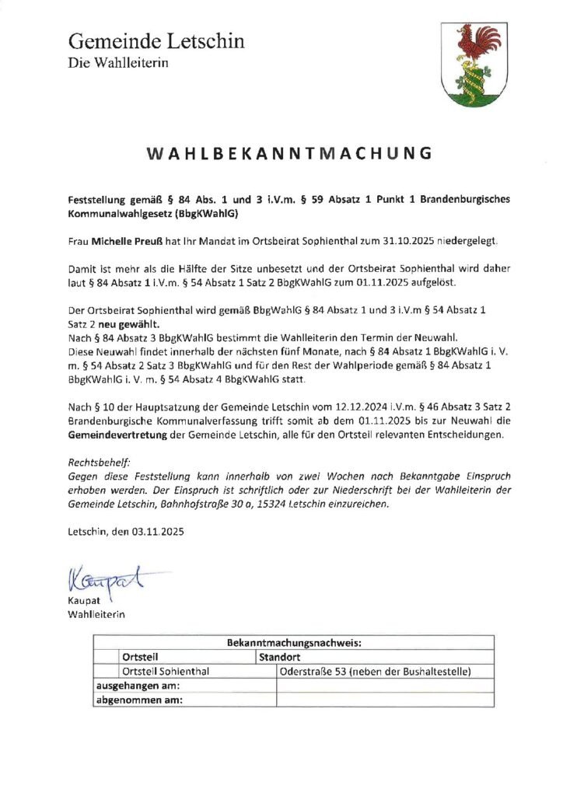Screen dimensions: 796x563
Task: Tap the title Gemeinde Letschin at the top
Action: [156, 40]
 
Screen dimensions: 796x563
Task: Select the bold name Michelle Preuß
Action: [131, 242]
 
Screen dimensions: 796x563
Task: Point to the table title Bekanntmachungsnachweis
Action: [295, 643]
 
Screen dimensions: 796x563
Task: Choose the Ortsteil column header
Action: [141, 657]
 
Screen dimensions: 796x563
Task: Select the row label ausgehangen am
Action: [138, 686]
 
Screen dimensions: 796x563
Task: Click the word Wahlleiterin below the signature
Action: [97, 615]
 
